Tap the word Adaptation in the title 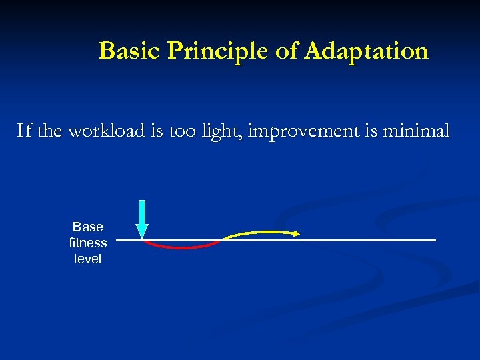(x=366, y=51)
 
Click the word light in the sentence (x=223, y=131)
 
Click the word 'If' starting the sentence (x=24, y=131)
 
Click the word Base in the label (x=88, y=227)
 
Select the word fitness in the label (x=88, y=243)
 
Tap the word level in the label (x=88, y=259)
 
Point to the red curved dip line (x=182, y=246)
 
